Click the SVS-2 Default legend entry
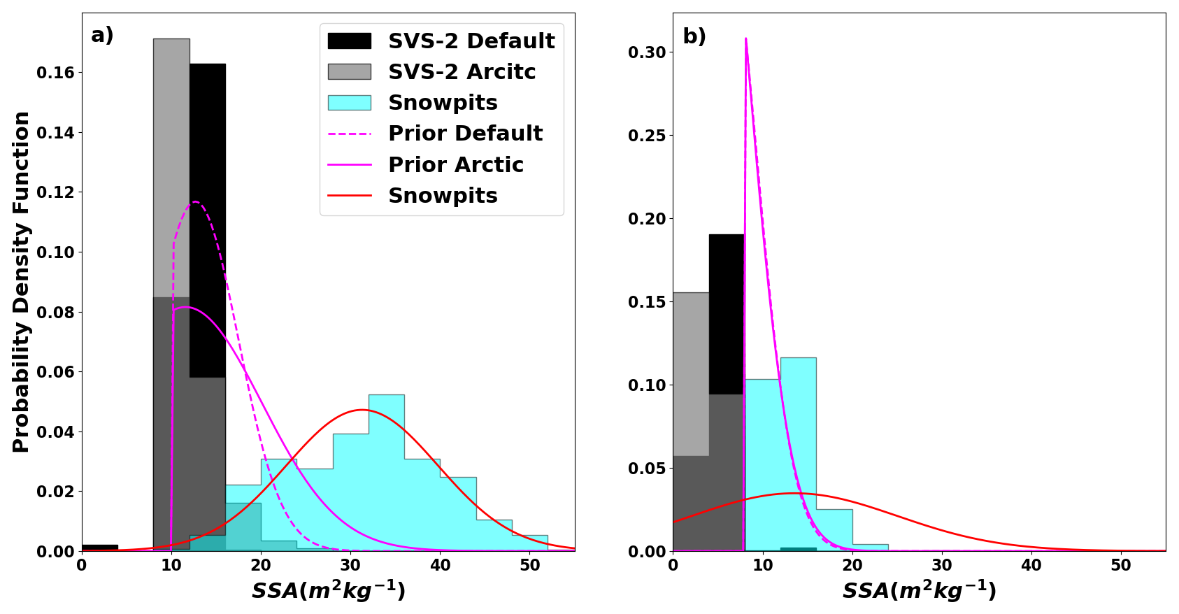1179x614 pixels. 471,41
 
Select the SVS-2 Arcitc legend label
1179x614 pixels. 462,72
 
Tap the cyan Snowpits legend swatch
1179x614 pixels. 349,103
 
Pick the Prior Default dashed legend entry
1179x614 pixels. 465,134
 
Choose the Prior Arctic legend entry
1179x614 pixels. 455,165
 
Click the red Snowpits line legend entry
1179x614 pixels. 443,196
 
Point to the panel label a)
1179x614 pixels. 102,35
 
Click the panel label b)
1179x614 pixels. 694,36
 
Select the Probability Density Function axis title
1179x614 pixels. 22,281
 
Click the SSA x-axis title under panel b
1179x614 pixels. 919,591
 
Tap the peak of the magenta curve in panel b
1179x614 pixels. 746,39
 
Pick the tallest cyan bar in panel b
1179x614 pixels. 798,455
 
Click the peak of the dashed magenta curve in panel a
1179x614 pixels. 195,202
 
